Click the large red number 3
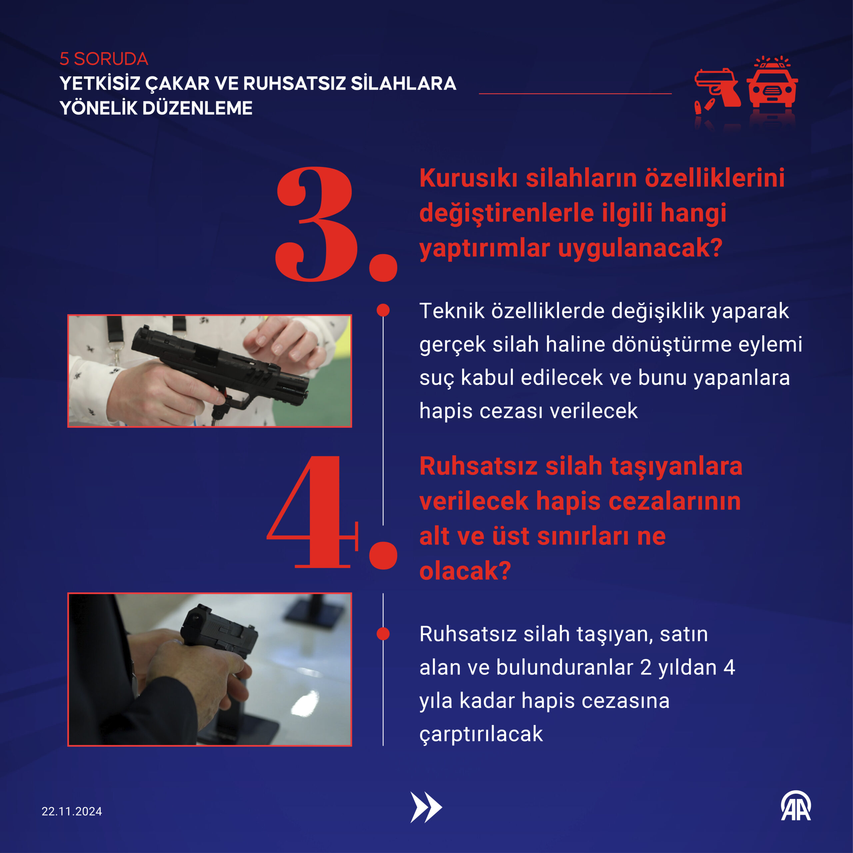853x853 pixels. (314, 224)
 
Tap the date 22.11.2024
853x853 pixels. (72, 811)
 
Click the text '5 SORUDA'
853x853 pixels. (104, 59)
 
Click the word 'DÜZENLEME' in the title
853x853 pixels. (197, 108)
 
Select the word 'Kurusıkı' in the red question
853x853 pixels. (468, 178)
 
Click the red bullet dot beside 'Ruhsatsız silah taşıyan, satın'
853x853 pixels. (383, 633)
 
